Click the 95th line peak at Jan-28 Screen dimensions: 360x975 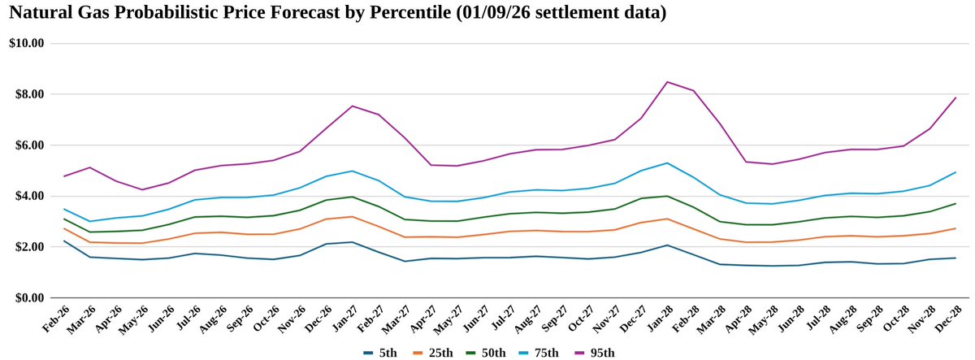point(667,81)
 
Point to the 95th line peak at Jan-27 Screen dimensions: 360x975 point(352,106)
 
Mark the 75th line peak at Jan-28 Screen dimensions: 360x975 point(667,163)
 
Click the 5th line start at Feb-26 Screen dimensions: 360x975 point(63,241)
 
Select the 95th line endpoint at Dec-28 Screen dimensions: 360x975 point(955,98)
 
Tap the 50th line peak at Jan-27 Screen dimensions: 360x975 point(352,197)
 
